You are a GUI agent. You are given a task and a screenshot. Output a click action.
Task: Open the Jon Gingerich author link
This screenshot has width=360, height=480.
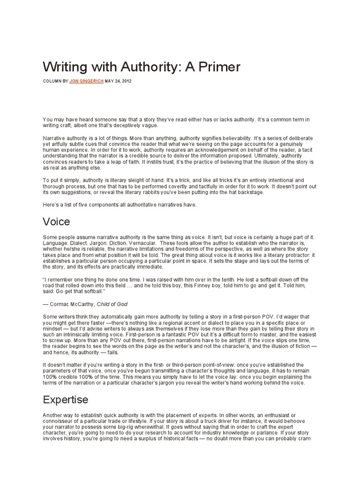click(87, 81)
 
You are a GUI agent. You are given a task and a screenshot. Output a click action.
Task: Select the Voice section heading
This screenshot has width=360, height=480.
click(56, 221)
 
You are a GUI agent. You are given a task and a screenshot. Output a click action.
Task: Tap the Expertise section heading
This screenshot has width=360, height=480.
click(65, 399)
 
